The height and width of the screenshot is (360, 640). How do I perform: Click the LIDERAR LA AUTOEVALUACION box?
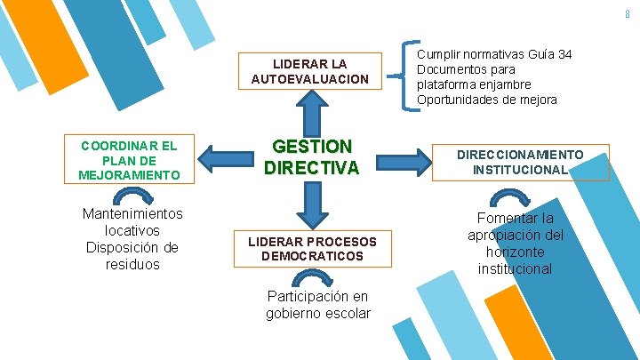pyautogui.click(x=309, y=71)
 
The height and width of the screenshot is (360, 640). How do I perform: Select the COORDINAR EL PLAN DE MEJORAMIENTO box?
pyautogui.click(x=129, y=160)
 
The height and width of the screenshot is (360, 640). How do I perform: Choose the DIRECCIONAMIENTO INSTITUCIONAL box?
pyautogui.click(x=520, y=162)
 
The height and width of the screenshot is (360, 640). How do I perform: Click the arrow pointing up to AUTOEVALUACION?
pyautogui.click(x=310, y=113)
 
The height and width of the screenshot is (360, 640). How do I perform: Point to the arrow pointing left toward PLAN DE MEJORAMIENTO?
pyautogui.click(x=223, y=160)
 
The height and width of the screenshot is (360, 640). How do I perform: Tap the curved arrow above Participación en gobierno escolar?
pyautogui.click(x=317, y=277)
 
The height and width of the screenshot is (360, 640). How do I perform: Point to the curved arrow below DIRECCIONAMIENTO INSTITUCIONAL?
pyautogui.click(x=513, y=199)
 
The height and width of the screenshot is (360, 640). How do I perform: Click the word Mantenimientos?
pyautogui.click(x=132, y=214)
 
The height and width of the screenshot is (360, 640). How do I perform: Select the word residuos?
pyautogui.click(x=132, y=264)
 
